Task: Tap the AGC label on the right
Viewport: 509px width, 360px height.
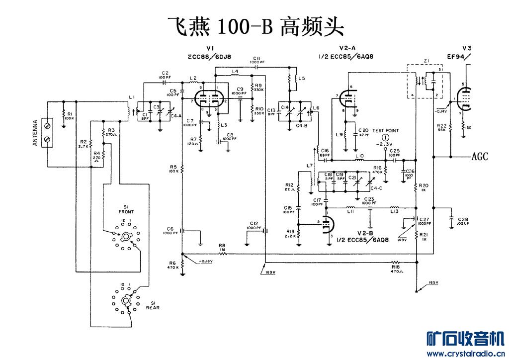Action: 480,157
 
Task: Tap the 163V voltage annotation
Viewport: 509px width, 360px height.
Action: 270,272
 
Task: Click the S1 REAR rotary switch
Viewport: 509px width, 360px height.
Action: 126,300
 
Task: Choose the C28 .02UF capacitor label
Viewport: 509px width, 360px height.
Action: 463,222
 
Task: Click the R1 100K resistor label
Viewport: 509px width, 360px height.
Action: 69,116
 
